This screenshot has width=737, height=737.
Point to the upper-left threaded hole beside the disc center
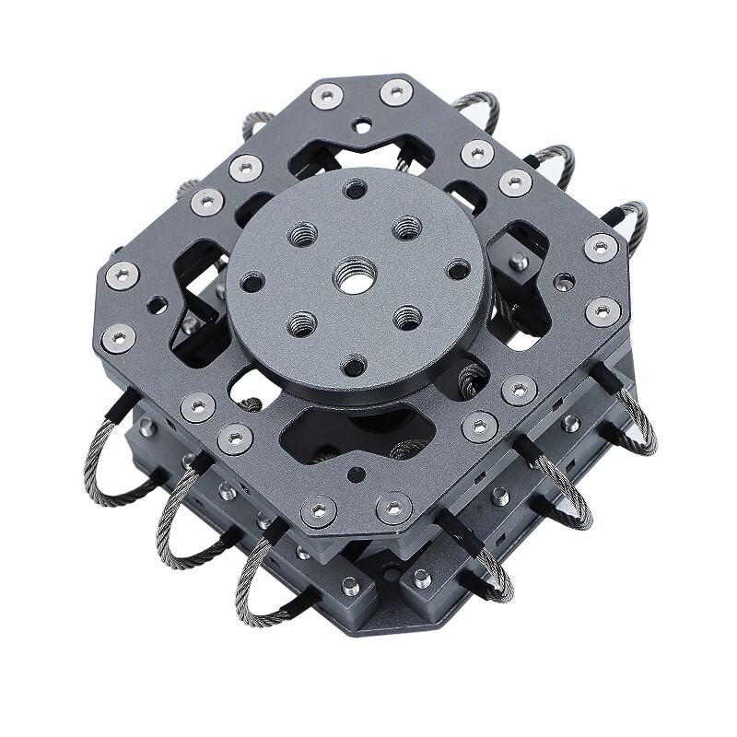(x=302, y=235)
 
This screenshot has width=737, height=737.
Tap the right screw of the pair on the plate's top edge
(x=396, y=91)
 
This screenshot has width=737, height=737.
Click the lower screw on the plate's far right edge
(x=602, y=310)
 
